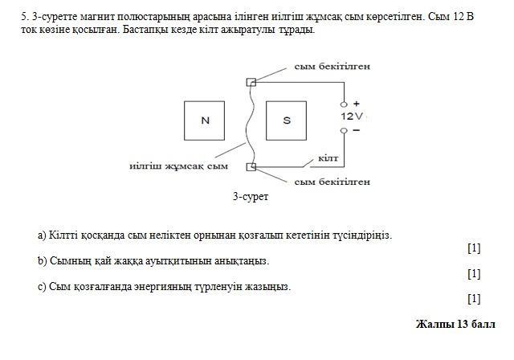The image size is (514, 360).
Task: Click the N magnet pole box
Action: click(x=205, y=121)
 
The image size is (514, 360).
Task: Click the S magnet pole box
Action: click(x=287, y=121)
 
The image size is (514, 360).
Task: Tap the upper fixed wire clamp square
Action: click(x=251, y=82)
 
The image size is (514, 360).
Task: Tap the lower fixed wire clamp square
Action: click(x=251, y=166)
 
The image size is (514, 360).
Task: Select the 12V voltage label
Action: click(x=352, y=117)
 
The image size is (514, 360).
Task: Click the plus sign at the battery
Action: click(x=357, y=104)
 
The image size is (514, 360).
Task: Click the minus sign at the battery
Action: click(x=356, y=129)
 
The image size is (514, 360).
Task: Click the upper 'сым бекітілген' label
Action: click(x=332, y=66)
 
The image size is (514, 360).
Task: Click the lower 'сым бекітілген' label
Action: click(x=332, y=182)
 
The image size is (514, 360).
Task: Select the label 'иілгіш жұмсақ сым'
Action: click(x=178, y=166)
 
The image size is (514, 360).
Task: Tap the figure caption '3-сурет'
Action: click(x=251, y=196)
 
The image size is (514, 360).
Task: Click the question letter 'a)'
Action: click(x=43, y=235)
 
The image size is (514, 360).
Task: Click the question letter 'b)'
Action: click(x=43, y=261)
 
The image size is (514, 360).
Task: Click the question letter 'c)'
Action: click(x=43, y=286)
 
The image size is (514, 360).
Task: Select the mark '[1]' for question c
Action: click(x=473, y=299)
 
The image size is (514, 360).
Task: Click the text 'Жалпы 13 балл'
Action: click(x=455, y=324)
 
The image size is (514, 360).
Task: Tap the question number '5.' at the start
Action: click(x=25, y=16)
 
